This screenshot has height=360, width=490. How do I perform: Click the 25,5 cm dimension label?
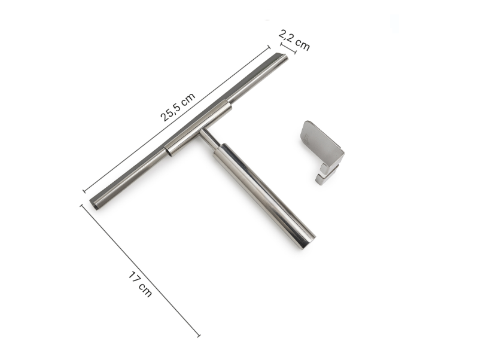[x=178, y=107]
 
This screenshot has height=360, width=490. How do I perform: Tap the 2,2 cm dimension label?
[x=294, y=39]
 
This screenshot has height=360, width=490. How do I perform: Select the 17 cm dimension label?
[x=140, y=284]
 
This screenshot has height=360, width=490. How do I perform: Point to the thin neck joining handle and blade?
[x=209, y=138]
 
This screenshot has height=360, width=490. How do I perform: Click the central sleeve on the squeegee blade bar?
[x=198, y=128]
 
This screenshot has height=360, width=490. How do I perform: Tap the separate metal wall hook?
[x=322, y=152]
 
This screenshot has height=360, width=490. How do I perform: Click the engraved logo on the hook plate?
[x=306, y=138]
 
